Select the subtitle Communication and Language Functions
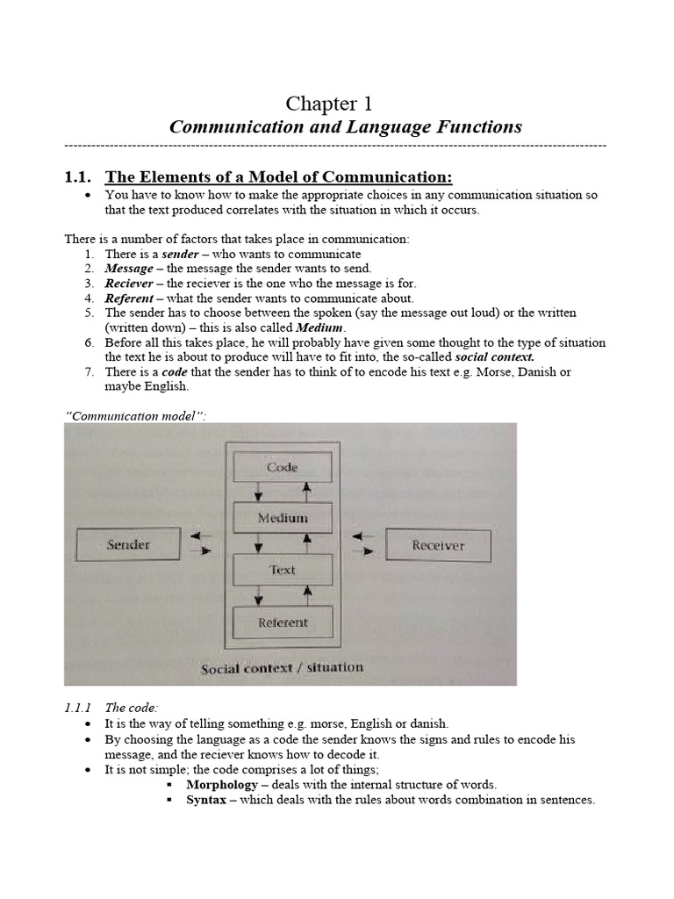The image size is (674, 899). [345, 127]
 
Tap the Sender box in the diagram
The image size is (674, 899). [128, 545]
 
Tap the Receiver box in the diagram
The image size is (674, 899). [437, 546]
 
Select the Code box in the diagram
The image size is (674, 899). [282, 468]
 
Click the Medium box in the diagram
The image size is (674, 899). [282, 518]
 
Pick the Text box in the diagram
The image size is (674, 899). [282, 570]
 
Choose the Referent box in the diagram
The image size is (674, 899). [282, 622]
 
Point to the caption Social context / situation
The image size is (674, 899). [282, 668]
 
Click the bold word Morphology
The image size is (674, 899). [222, 784]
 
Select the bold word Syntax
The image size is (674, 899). [206, 800]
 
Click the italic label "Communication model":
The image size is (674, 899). [136, 415]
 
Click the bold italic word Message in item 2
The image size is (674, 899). [129, 269]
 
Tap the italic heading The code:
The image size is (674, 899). [131, 708]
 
